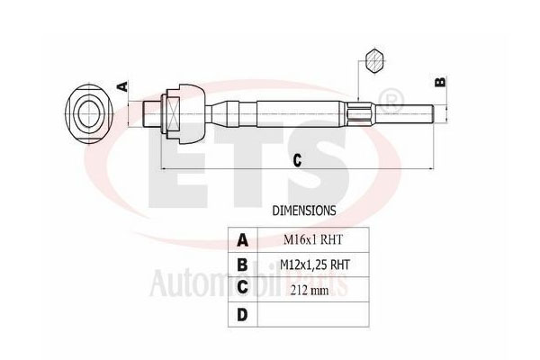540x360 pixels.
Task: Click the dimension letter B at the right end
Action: click(440, 82)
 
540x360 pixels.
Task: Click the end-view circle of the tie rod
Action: click(88, 113)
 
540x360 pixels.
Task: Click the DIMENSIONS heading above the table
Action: click(304, 210)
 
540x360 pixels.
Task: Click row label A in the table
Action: click(242, 240)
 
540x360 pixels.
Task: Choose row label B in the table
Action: click(242, 265)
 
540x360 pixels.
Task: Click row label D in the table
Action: click(242, 314)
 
